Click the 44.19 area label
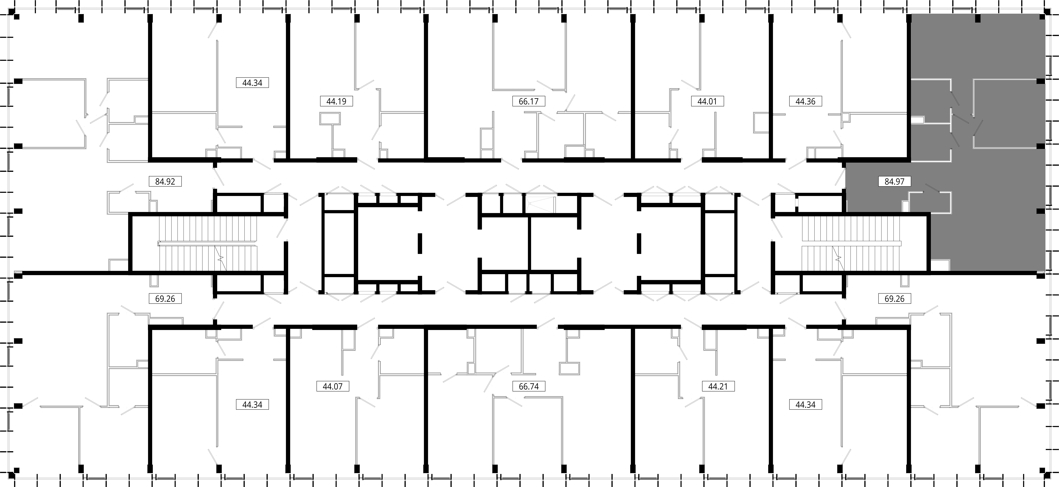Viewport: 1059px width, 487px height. (336, 101)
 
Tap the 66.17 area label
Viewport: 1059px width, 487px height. (529, 101)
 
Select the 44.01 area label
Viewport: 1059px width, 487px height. (707, 101)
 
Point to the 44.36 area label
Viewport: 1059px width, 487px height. (805, 101)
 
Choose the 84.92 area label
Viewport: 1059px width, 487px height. (165, 181)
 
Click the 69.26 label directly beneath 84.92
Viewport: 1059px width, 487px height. (165, 298)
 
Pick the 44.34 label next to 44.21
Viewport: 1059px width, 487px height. (805, 404)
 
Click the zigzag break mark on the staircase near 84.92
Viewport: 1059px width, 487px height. (221, 258)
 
